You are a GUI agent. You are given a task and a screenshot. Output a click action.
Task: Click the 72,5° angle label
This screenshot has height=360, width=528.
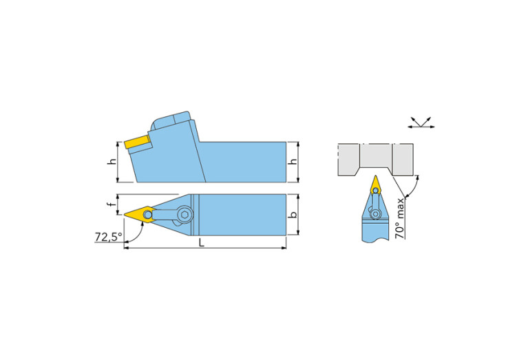[x=108, y=237]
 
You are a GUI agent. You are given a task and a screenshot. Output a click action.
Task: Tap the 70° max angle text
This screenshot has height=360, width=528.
[x=400, y=219]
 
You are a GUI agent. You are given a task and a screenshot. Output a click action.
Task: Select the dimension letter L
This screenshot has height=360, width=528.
[x=201, y=242]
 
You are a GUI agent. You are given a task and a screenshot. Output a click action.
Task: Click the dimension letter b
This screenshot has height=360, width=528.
[x=293, y=214]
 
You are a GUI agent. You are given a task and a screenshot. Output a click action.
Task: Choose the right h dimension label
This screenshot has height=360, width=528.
[x=293, y=162]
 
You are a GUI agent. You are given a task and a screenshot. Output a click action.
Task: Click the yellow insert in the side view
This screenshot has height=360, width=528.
[x=137, y=142]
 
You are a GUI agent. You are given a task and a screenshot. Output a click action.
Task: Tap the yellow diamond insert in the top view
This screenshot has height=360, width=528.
[x=140, y=215]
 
